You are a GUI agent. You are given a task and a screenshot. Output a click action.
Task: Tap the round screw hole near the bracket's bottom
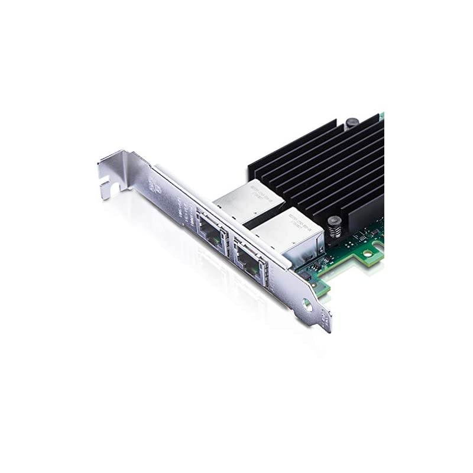point(307,305)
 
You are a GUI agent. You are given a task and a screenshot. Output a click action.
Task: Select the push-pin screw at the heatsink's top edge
point(352,122)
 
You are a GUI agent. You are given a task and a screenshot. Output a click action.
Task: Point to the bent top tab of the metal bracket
point(118,166)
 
